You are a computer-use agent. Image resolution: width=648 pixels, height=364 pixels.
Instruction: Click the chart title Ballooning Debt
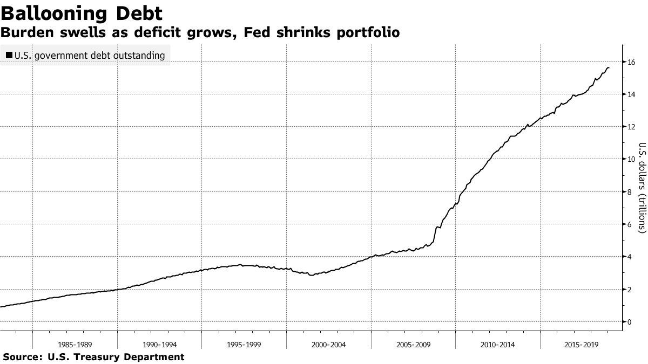click(x=81, y=13)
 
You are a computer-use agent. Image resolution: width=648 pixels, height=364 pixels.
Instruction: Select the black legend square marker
click(x=9, y=55)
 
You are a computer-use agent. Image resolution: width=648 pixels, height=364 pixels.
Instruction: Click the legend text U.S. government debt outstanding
click(x=90, y=55)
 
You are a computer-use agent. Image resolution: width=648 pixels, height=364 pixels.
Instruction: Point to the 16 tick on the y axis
click(x=631, y=62)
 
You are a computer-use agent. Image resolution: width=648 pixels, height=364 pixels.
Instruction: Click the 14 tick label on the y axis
click(x=631, y=94)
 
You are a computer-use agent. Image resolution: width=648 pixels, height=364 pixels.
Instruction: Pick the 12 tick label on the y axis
click(x=631, y=127)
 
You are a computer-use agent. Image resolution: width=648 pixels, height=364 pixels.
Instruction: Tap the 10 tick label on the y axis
click(x=631, y=159)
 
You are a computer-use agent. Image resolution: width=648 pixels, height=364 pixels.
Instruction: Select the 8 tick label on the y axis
click(x=630, y=192)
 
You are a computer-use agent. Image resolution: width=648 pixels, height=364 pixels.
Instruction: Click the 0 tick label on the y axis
click(x=630, y=322)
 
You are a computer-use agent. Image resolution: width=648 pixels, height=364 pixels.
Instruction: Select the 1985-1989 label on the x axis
click(x=75, y=344)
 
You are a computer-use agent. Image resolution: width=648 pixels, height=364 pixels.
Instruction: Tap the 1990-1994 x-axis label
click(x=160, y=344)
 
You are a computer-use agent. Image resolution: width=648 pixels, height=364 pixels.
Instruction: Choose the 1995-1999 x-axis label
click(x=244, y=344)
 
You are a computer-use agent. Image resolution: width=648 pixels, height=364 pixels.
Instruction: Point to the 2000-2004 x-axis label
click(x=329, y=344)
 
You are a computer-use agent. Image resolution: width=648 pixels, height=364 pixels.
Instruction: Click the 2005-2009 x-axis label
click(x=413, y=344)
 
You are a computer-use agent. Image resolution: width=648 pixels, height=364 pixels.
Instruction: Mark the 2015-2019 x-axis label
click(x=582, y=344)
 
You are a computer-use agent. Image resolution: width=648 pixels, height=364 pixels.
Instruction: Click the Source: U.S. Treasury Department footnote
click(x=93, y=357)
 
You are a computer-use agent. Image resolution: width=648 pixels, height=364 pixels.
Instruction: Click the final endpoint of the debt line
click(x=609, y=67)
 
